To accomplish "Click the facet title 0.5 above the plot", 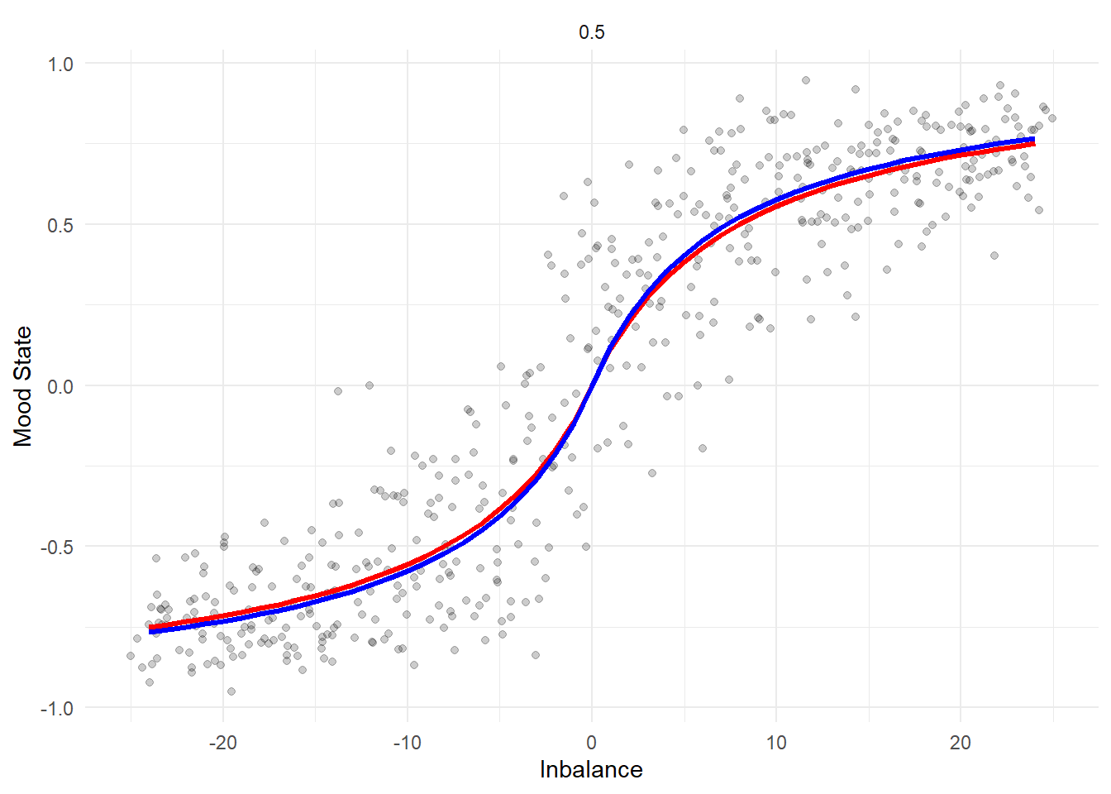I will click(591, 32).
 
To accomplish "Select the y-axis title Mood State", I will click(23, 386).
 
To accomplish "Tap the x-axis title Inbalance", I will click(591, 770).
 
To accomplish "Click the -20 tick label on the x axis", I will click(222, 743).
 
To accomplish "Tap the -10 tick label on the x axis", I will click(407, 743).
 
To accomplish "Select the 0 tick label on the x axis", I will click(591, 743).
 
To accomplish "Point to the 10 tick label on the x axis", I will click(775, 743).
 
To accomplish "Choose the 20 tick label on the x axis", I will click(960, 743).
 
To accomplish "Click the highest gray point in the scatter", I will click(806, 80).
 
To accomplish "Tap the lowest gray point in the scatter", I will click(231, 691).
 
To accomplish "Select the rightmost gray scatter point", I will click(1051, 118).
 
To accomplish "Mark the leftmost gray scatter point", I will click(131, 656).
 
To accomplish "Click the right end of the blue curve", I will click(1032, 140).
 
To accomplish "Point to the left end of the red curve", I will click(150, 627).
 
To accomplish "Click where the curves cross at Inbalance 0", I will click(591, 386).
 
